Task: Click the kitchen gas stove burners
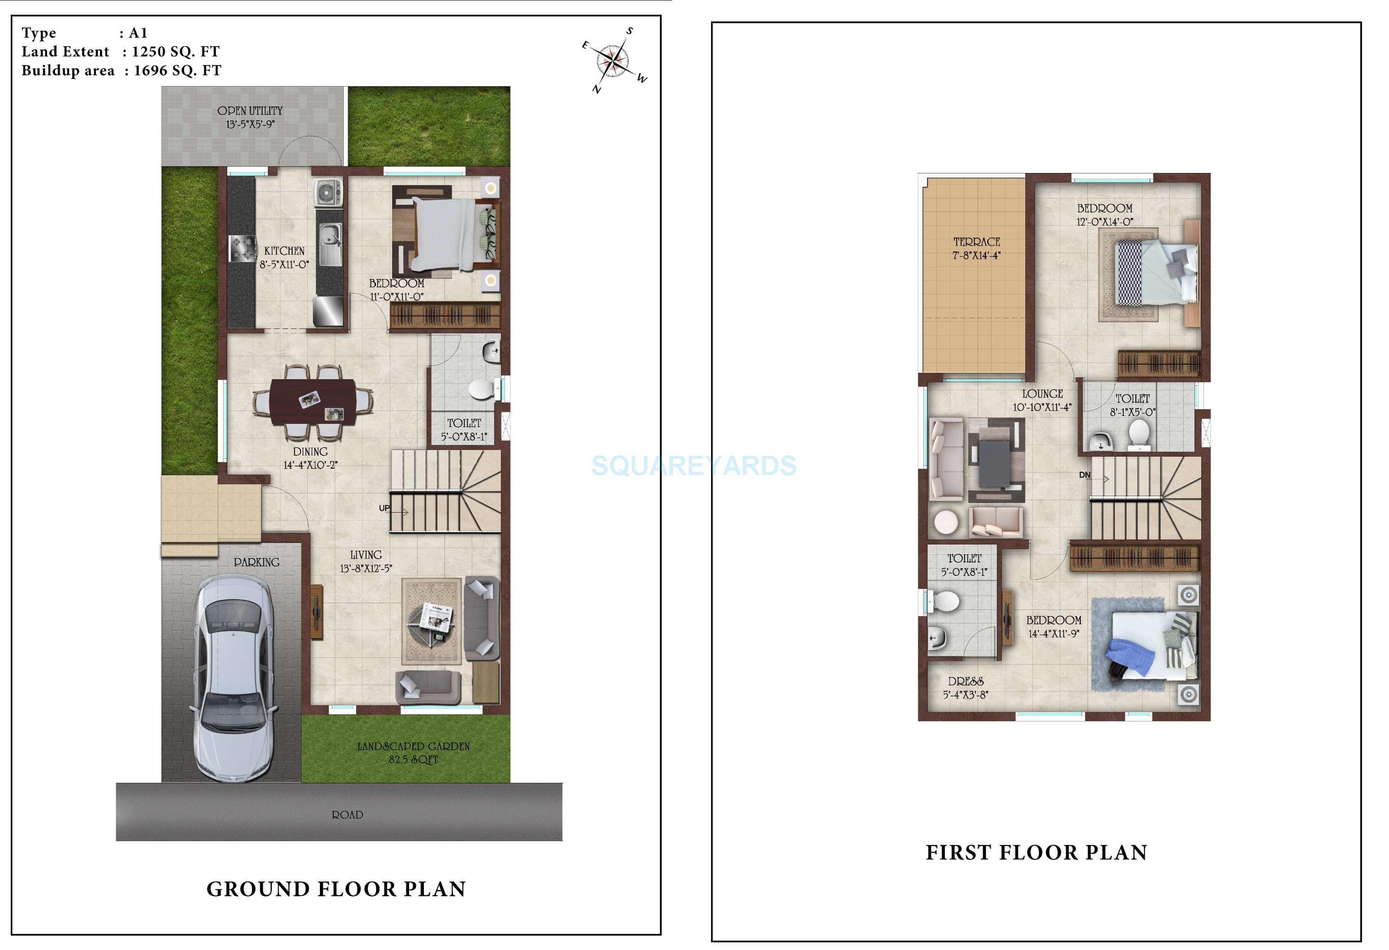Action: click(x=242, y=249)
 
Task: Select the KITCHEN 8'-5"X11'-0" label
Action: click(x=284, y=258)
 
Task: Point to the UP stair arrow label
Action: click(x=385, y=509)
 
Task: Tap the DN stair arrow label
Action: click(x=1085, y=475)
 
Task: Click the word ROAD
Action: click(x=347, y=815)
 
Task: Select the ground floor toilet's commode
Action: click(x=482, y=389)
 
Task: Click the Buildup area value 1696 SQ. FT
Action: click(x=177, y=70)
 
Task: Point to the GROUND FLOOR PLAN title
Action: click(x=336, y=889)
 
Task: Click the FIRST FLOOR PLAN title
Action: click(x=1036, y=853)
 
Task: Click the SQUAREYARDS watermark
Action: click(x=694, y=466)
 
